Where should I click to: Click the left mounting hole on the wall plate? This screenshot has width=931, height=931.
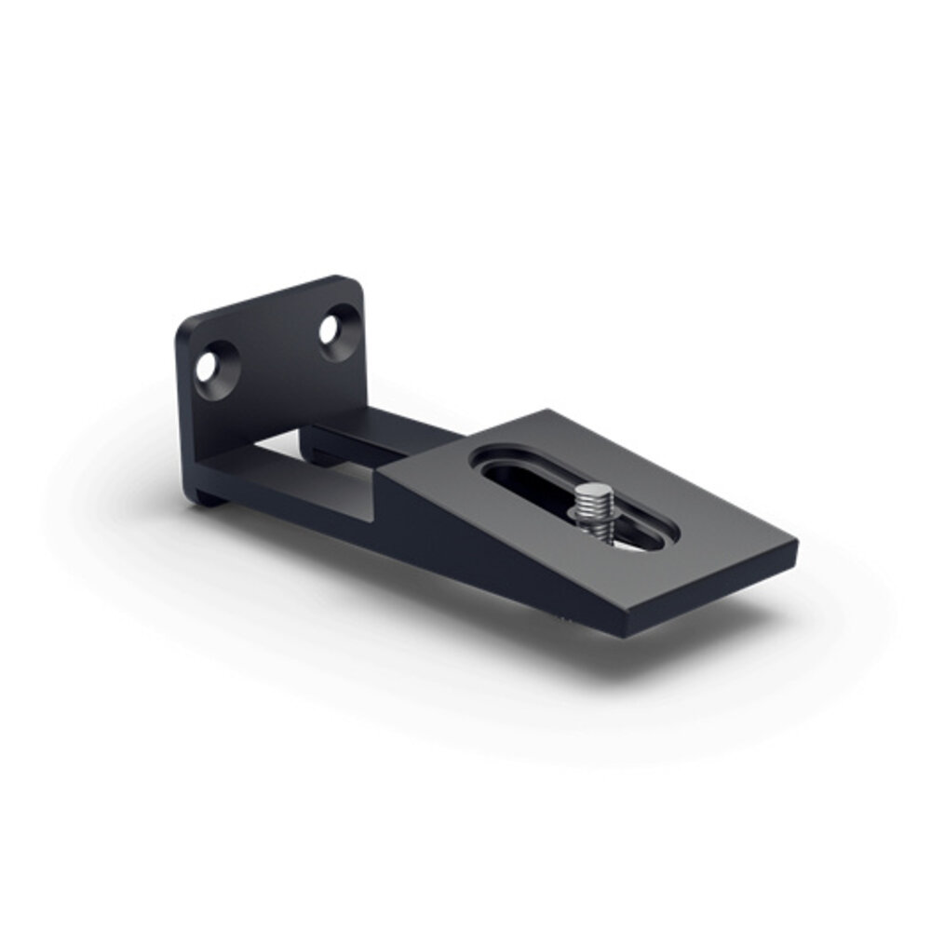coord(206,367)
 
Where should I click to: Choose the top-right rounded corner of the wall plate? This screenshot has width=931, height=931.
coord(354,282)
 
